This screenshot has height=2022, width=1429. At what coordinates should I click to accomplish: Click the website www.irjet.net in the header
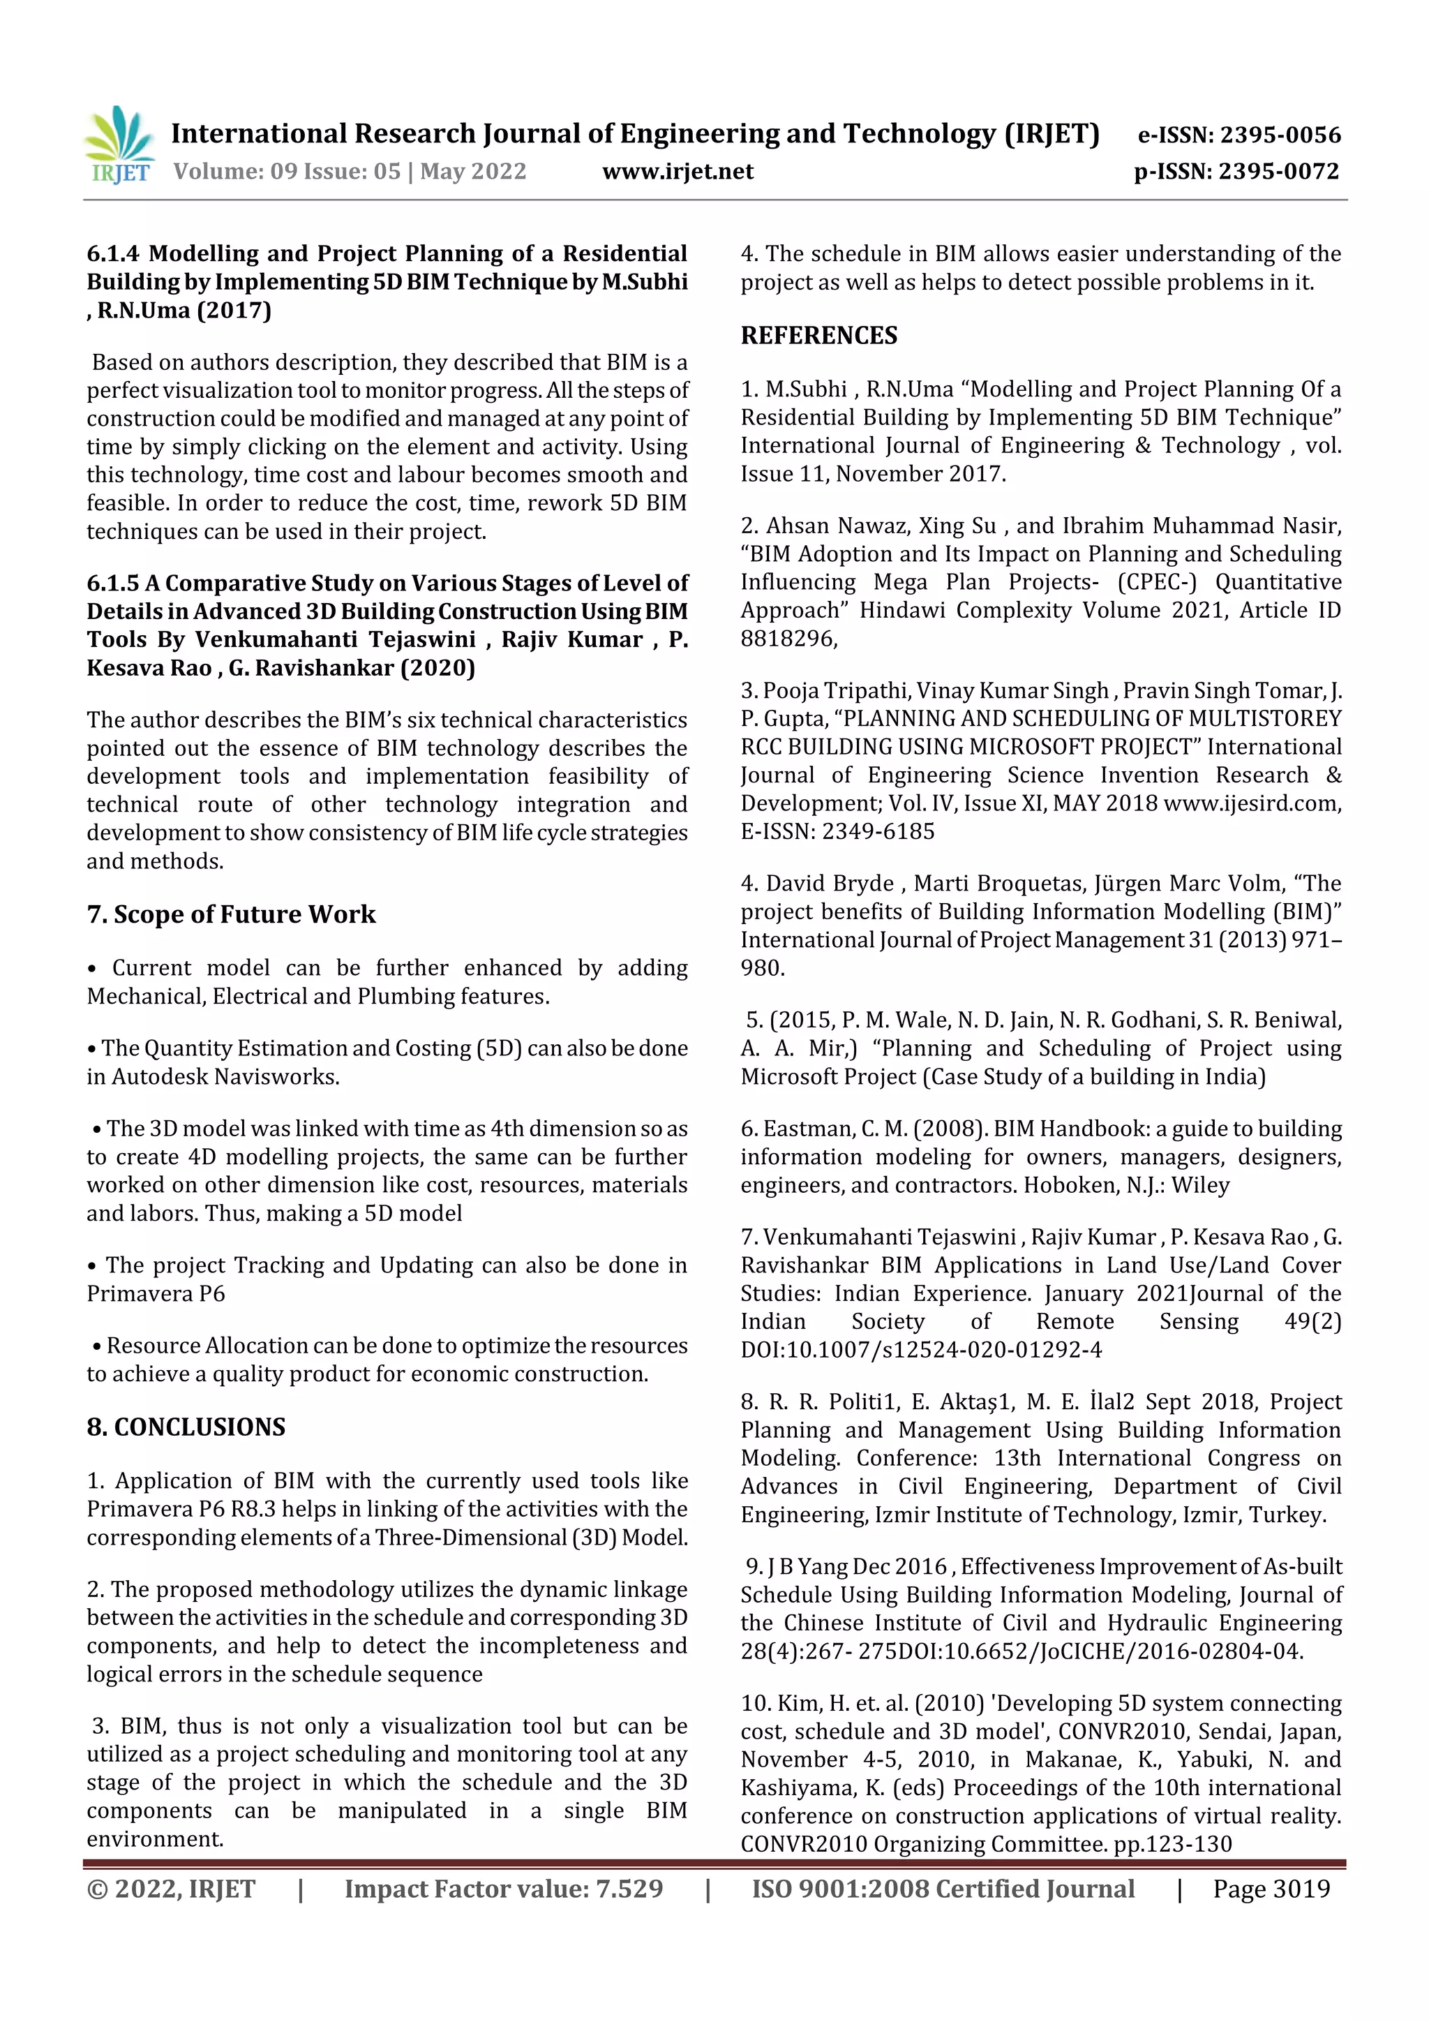tap(677, 171)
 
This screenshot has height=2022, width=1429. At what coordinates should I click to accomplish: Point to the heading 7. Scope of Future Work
tap(231, 914)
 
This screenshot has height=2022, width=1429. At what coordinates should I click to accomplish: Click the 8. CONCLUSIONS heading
tap(186, 1427)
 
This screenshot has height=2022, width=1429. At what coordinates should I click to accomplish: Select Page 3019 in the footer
tap(1271, 1889)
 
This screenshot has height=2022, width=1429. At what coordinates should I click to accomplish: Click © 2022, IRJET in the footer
tap(171, 1889)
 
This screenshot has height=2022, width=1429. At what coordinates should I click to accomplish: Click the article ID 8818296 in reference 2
tap(787, 639)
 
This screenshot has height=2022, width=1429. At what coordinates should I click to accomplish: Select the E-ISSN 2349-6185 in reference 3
tap(878, 831)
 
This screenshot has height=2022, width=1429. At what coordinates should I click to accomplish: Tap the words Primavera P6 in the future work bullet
tap(156, 1294)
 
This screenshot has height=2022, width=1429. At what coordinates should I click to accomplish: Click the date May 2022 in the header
tap(473, 171)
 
